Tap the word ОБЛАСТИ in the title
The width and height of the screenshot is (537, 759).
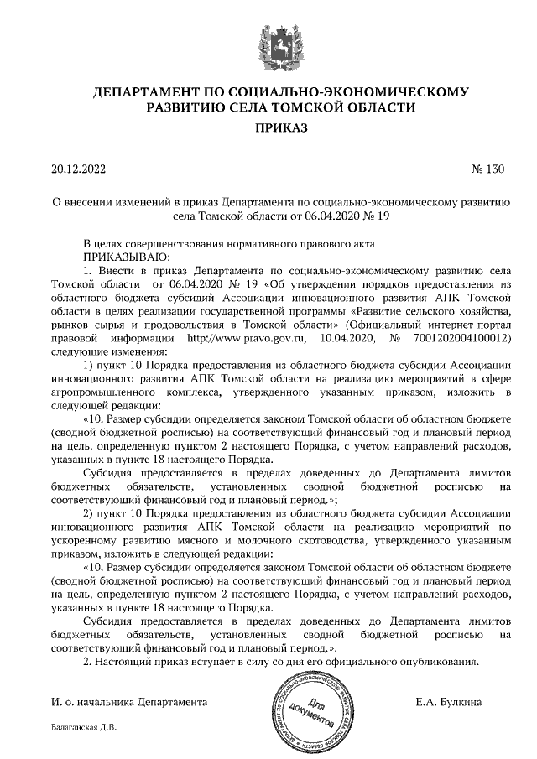(375, 107)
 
